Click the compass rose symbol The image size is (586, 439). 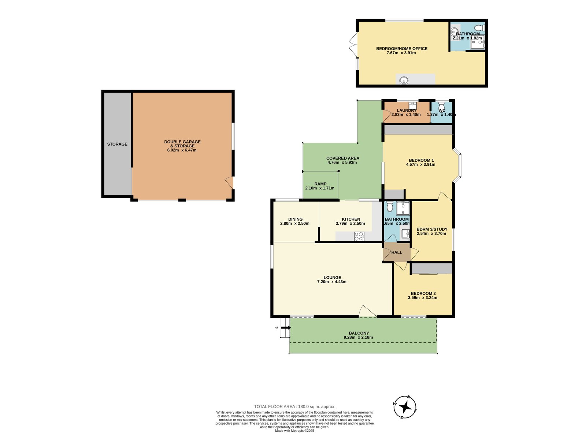pyautogui.click(x=405, y=407)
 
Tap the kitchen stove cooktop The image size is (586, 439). pyautogui.click(x=359, y=236)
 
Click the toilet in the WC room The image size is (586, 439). pyautogui.click(x=442, y=105)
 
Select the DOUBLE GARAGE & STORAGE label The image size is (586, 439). pyautogui.click(x=182, y=144)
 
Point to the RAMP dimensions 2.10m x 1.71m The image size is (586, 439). pyautogui.click(x=320, y=188)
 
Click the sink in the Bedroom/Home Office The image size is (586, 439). pyautogui.click(x=404, y=80)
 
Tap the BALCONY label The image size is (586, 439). pyautogui.click(x=359, y=333)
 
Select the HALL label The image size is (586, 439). pyautogui.click(x=397, y=252)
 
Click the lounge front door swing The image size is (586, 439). pyautogui.click(x=367, y=312)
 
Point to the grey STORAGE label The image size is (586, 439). pyautogui.click(x=117, y=144)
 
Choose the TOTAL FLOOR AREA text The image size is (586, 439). pyautogui.click(x=294, y=406)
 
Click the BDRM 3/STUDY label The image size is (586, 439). pyautogui.click(x=432, y=229)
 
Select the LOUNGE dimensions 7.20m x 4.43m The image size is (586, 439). pyautogui.click(x=331, y=282)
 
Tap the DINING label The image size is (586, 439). pyautogui.click(x=295, y=219)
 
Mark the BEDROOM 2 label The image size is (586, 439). pyautogui.click(x=423, y=293)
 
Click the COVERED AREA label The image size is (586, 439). pyautogui.click(x=342, y=158)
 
